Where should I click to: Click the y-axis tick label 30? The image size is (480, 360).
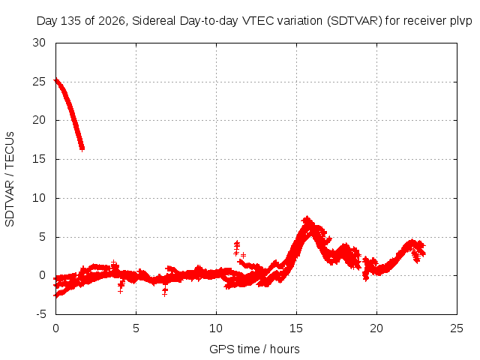[x=39, y=43]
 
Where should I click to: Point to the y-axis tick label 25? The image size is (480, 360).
[x=39, y=82]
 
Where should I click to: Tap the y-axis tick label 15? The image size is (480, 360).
[x=39, y=159]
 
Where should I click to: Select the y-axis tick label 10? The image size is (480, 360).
[x=39, y=198]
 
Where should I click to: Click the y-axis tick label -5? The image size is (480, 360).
[x=41, y=314]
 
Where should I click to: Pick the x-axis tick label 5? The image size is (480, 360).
[x=136, y=328]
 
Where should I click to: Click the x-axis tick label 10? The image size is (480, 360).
[x=216, y=328]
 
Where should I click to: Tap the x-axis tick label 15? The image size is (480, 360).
[x=296, y=328]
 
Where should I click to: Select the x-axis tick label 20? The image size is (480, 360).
[x=376, y=328]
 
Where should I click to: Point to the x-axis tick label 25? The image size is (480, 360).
[x=457, y=328]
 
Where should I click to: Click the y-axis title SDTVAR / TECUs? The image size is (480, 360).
[x=10, y=179]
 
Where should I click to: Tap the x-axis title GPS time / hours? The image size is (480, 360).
[x=254, y=349]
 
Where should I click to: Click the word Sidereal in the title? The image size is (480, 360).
[x=154, y=21]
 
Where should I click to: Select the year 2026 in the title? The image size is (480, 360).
[x=112, y=21]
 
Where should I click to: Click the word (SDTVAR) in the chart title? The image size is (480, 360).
[x=355, y=21]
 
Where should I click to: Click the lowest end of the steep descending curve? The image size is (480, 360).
[x=82, y=148]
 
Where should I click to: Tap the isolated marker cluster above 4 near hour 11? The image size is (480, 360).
[x=237, y=248]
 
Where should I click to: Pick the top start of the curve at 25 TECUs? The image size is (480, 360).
[x=56, y=81]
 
